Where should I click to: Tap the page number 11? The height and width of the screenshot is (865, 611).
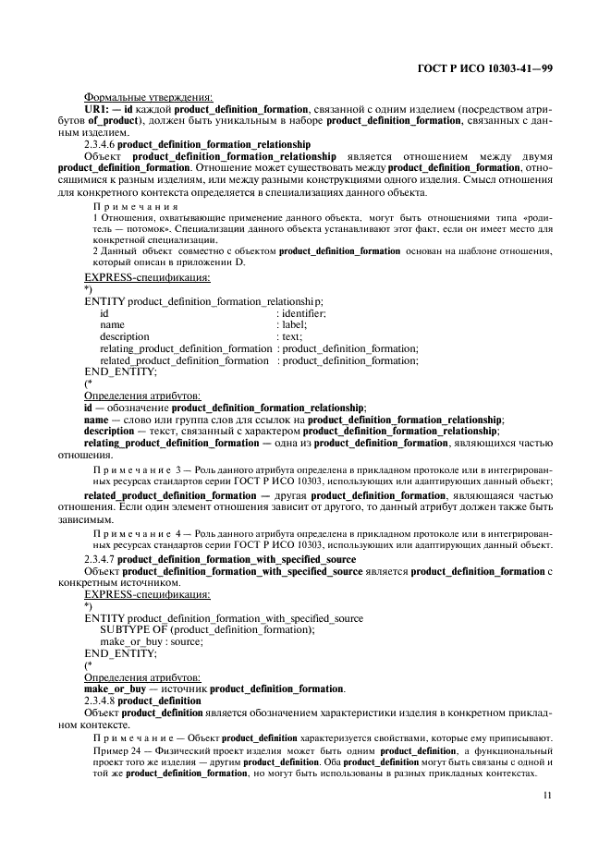point(547,794)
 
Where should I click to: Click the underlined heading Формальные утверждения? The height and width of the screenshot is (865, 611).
point(148,98)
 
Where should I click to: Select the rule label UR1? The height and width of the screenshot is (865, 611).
point(99,109)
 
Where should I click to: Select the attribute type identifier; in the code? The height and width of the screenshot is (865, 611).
point(303,313)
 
